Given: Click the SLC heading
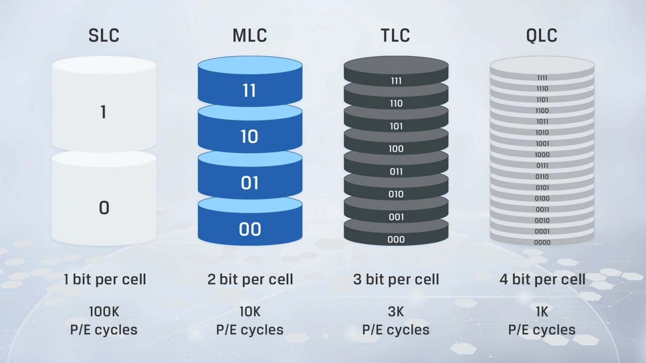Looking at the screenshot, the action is pyautogui.click(x=104, y=35).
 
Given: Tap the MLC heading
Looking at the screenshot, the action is pyautogui.click(x=250, y=35).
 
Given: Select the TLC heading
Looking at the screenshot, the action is pyautogui.click(x=396, y=35).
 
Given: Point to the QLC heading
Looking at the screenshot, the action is pyautogui.click(x=542, y=35).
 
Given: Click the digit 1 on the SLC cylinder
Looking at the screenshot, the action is pyautogui.click(x=104, y=112).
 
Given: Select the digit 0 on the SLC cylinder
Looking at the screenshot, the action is pyautogui.click(x=104, y=208).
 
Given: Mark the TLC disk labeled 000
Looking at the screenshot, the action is pyautogui.click(x=396, y=233).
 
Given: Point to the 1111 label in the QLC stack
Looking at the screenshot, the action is pyautogui.click(x=542, y=78).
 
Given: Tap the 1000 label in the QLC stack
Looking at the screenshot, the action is pyautogui.click(x=542, y=154).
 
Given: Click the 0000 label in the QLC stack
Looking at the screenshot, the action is pyautogui.click(x=542, y=242).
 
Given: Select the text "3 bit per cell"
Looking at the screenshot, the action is pyautogui.click(x=396, y=280).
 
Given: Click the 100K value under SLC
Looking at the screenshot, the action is pyautogui.click(x=104, y=312).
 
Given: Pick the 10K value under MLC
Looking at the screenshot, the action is pyautogui.click(x=250, y=312).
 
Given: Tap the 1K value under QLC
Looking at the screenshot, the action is pyautogui.click(x=542, y=312).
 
